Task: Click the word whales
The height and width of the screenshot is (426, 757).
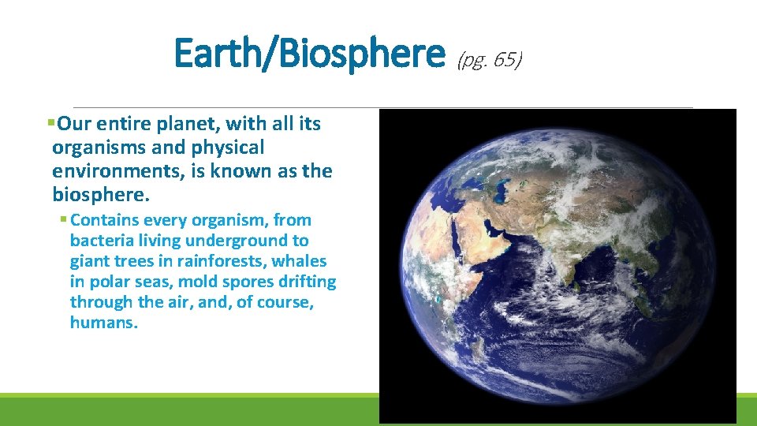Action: coord(300,261)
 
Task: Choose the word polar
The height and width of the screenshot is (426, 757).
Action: coord(110,282)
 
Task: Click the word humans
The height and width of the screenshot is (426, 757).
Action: coord(103,323)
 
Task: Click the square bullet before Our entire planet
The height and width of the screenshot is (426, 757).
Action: coord(51,124)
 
